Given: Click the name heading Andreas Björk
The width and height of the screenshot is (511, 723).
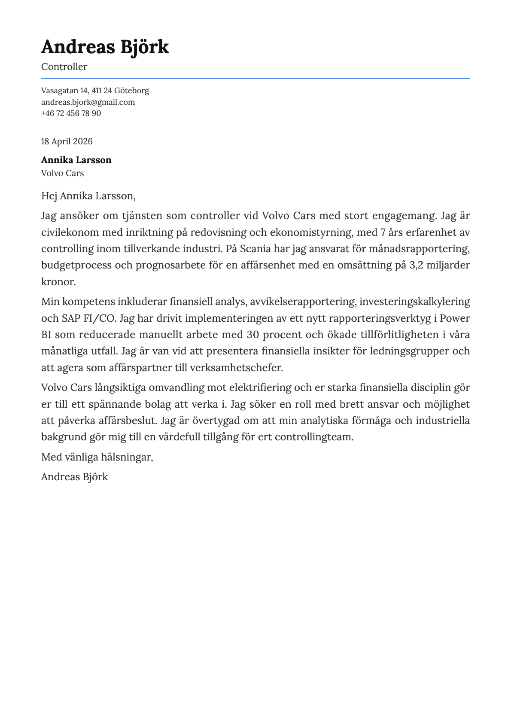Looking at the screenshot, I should click(x=105, y=47).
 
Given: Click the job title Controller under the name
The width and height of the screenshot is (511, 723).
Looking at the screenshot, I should click(x=64, y=67).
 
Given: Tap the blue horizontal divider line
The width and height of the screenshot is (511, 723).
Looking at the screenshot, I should click(x=255, y=78).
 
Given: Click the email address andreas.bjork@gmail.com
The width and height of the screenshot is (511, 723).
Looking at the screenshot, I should click(x=88, y=102).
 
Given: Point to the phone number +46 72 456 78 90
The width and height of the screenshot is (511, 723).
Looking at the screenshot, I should click(x=71, y=113).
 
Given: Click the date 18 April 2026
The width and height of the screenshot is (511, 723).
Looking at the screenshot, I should click(x=67, y=142).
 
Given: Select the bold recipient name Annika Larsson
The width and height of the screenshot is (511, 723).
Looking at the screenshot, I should click(x=76, y=160).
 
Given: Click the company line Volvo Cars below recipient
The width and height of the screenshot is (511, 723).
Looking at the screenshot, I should click(x=62, y=174).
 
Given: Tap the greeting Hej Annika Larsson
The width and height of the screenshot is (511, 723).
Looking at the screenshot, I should click(x=88, y=196).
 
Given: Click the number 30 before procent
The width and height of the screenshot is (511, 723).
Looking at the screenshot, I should click(x=253, y=335).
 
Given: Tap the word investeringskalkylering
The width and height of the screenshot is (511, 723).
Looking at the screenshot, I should click(x=414, y=302).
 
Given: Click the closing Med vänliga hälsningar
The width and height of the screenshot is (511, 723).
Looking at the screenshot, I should click(x=97, y=457).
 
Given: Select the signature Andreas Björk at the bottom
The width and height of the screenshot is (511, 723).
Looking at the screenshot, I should click(x=74, y=477).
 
